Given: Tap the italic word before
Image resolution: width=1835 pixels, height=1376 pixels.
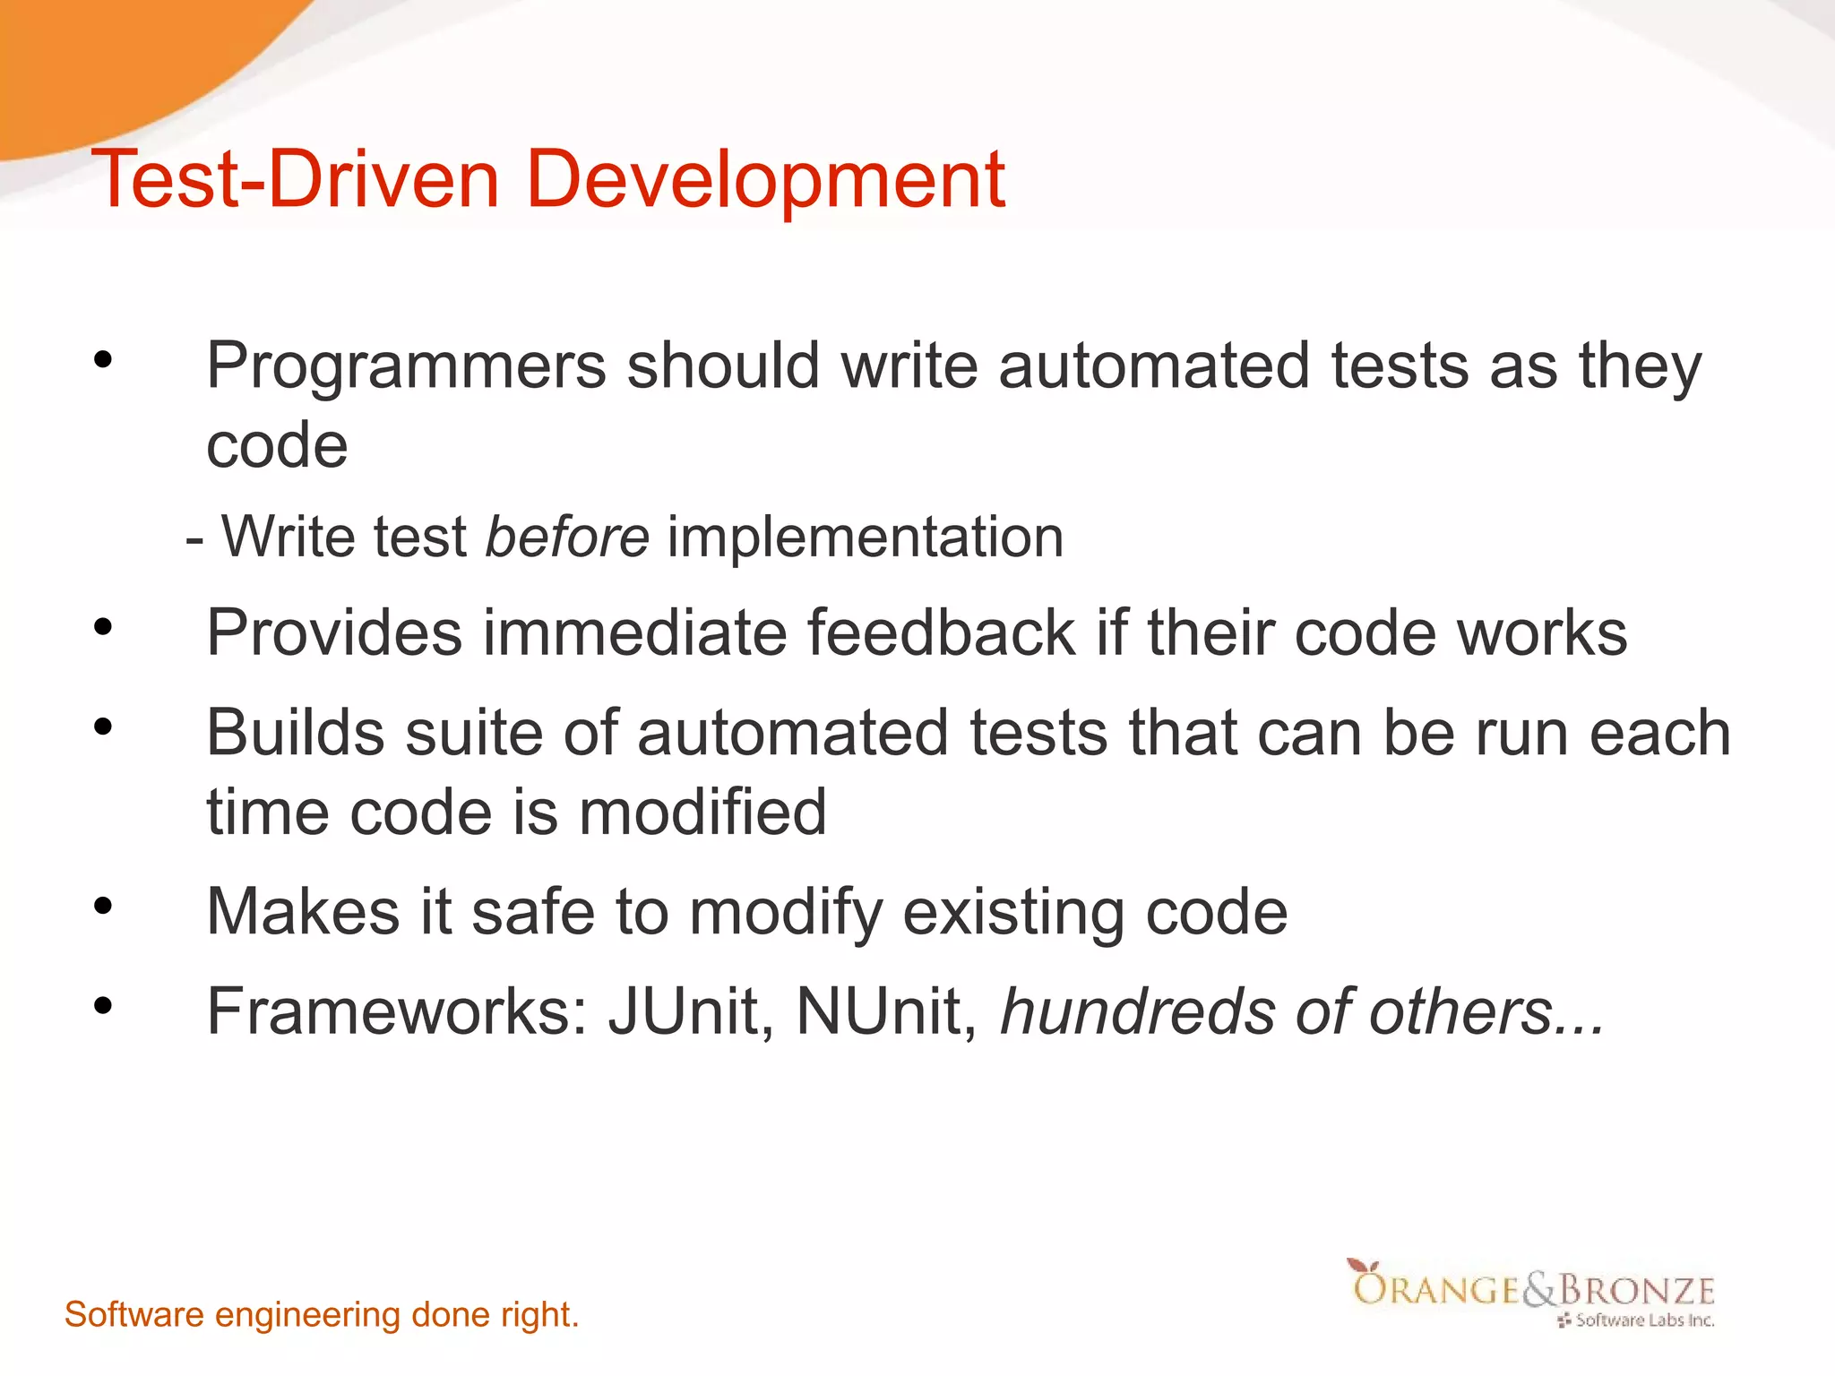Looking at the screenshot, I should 567,537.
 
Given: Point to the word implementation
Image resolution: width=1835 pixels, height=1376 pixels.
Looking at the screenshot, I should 866,537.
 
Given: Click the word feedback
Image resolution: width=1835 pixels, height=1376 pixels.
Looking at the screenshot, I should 941,633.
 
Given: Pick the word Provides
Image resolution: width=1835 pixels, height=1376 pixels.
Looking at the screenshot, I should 334,633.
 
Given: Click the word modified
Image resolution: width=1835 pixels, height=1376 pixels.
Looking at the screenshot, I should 703,813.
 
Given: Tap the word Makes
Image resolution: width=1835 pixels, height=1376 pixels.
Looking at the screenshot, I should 303,912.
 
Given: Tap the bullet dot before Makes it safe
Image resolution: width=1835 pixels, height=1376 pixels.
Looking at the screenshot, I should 103,907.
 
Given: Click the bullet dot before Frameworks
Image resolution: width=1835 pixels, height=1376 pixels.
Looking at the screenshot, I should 103,1006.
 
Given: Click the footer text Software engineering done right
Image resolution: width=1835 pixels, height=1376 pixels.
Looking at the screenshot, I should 322,1315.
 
